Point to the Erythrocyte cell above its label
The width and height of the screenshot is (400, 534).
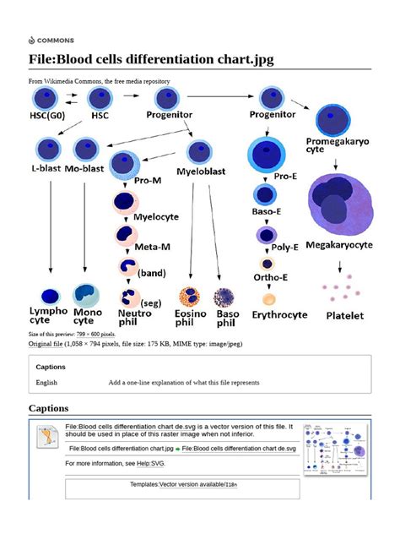(268, 298)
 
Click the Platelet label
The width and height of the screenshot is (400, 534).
(344, 316)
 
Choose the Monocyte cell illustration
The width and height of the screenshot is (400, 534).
(86, 293)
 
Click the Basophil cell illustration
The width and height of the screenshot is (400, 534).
(224, 297)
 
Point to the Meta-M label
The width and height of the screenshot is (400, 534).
(154, 247)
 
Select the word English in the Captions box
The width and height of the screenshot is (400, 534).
(46, 383)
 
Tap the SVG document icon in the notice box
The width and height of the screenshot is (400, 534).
(46, 436)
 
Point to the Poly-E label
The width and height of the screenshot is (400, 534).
(284, 248)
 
